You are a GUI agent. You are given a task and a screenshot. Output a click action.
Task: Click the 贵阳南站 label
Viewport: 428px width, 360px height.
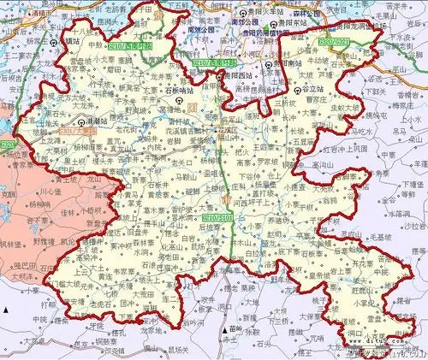(x=288, y=63)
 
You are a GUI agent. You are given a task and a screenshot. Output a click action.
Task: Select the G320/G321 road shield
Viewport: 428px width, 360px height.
(x=333, y=39)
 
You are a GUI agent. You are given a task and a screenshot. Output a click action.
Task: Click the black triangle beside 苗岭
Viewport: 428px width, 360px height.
(x=223, y=328)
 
